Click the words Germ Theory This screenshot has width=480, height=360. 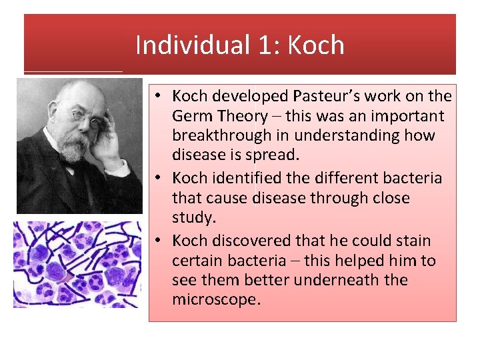[x=219, y=116]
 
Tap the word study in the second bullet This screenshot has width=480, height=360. [x=192, y=218]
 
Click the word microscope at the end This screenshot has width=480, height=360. [x=215, y=299]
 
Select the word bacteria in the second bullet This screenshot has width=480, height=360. [x=414, y=178]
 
